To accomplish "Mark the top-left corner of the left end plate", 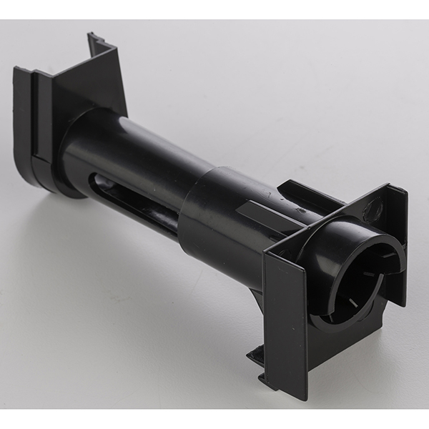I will coord(16,70).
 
